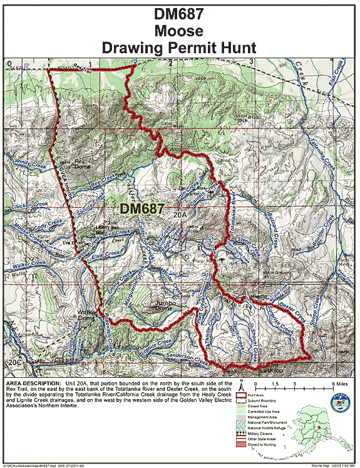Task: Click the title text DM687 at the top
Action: pyautogui.click(x=180, y=13)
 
